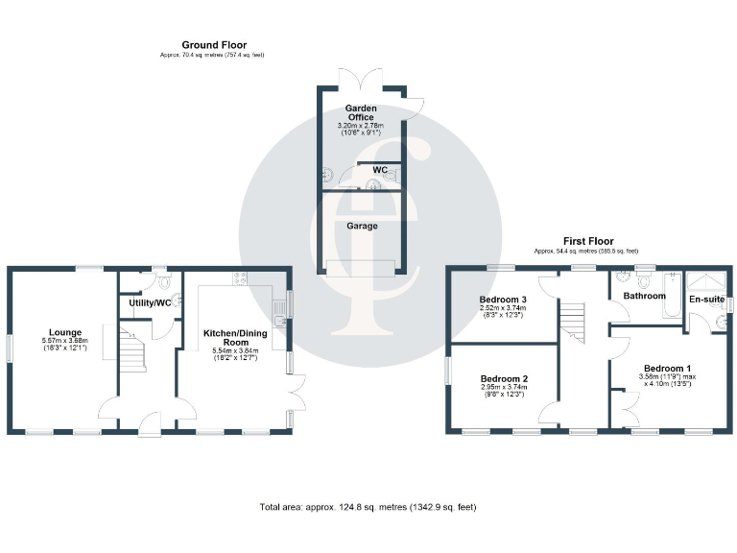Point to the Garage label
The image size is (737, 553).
tap(362, 227)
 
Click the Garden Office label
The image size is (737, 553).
tap(362, 112)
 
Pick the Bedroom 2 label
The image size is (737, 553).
tap(504, 378)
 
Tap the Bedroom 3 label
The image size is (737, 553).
tap(503, 300)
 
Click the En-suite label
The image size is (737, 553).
tap(707, 300)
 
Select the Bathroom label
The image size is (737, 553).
tap(645, 296)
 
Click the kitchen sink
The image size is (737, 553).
tap(278, 309)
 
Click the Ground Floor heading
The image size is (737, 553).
tap(214, 45)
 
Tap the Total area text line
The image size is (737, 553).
tap(368, 506)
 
